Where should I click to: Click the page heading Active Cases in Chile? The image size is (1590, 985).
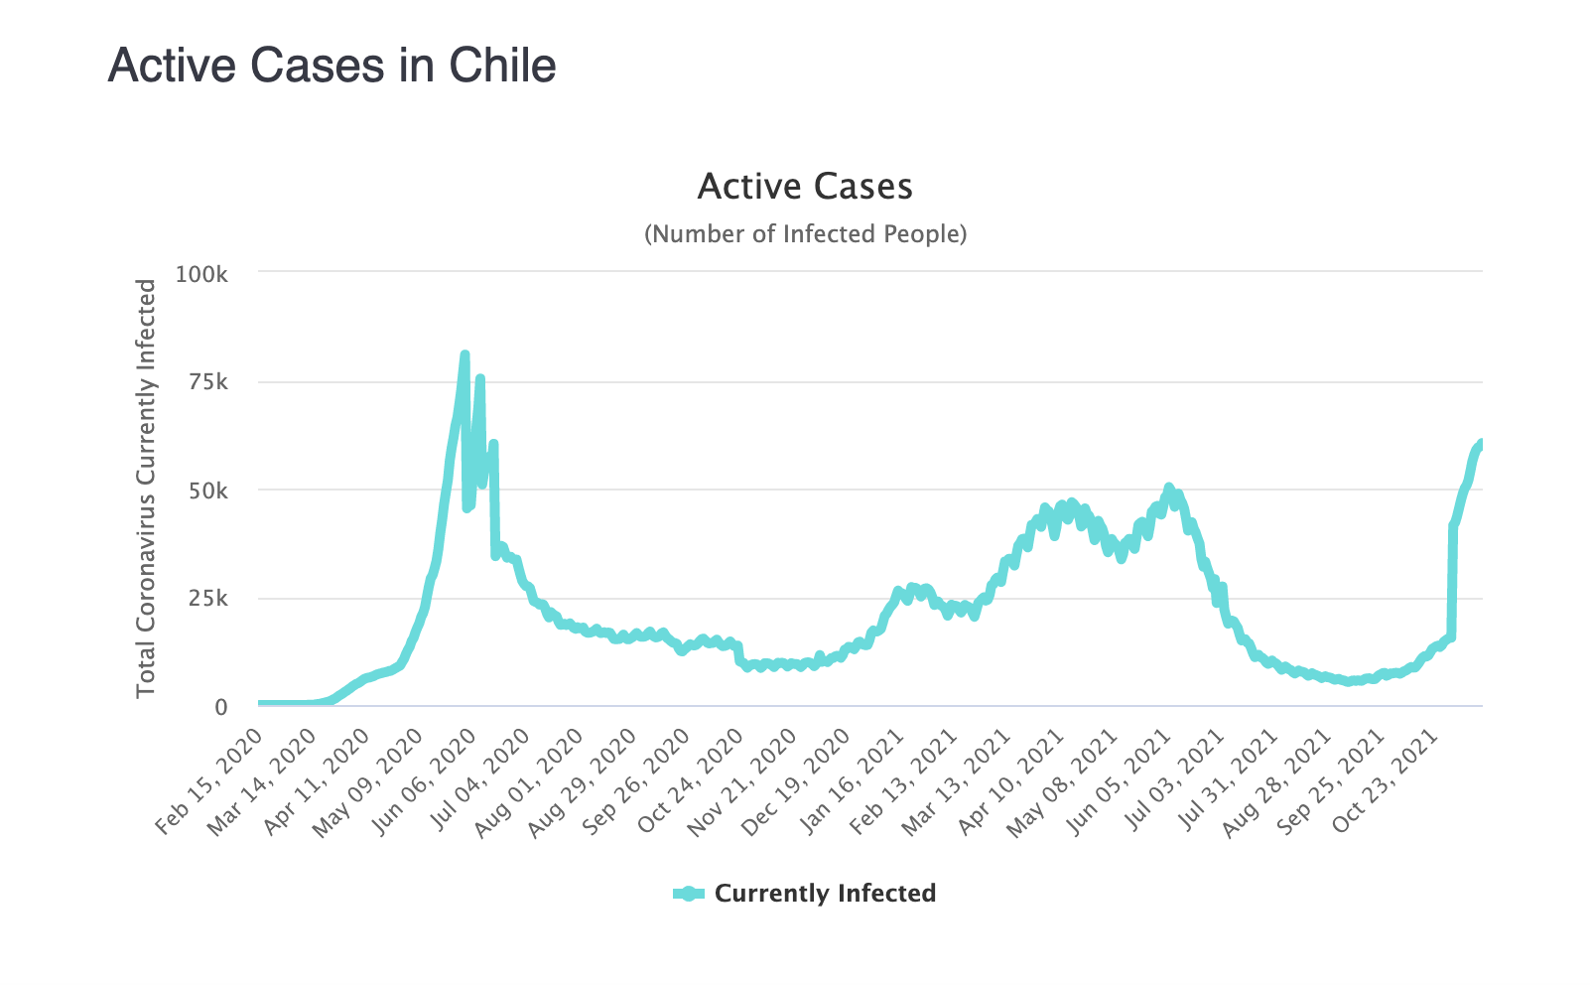(331, 67)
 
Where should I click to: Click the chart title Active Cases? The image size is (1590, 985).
(805, 187)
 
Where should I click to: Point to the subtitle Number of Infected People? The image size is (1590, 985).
(805, 234)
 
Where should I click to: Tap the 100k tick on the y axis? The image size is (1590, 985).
(201, 273)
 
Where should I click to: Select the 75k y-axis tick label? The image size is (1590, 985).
(207, 382)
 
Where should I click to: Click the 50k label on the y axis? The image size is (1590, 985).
(207, 491)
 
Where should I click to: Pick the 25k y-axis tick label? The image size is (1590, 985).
(207, 599)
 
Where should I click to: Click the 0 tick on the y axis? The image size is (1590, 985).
(221, 707)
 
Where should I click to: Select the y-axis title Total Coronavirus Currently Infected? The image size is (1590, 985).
(146, 488)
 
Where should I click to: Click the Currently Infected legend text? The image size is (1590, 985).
(825, 894)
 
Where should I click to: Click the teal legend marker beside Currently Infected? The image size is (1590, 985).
(688, 894)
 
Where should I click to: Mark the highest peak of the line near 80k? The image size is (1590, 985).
(464, 354)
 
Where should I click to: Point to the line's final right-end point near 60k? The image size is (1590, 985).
(1481, 443)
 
